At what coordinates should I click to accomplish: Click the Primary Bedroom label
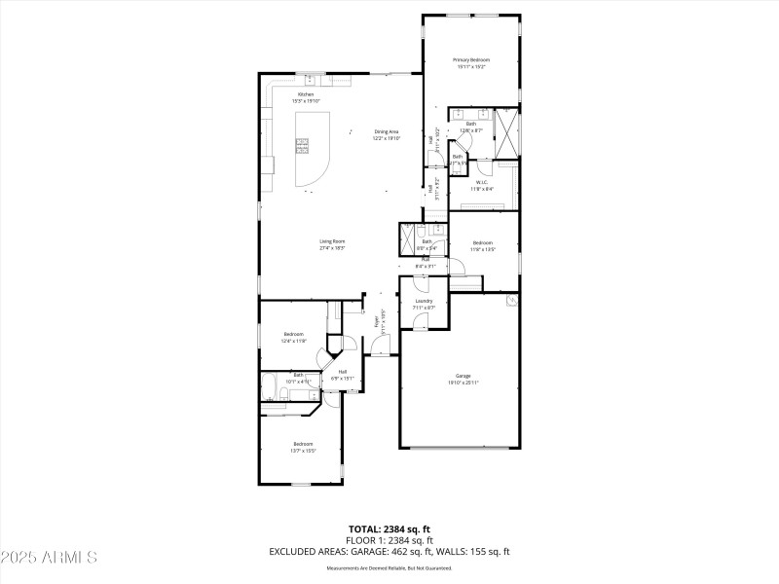pos(470,60)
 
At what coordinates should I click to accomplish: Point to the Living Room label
pos(333,241)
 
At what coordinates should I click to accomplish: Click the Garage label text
pos(463,376)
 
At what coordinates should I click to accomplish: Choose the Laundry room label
pos(424,301)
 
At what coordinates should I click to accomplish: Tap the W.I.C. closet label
pos(481,182)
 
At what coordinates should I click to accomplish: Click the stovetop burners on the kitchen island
pos(303,147)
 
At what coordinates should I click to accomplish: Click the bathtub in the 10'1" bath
pos(271,387)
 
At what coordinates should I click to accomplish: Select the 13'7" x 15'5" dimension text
pos(303,451)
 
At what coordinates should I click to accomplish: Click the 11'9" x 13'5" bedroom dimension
pos(483,250)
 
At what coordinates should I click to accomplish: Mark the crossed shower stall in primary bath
pos(506,133)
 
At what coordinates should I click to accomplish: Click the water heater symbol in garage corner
pos(510,302)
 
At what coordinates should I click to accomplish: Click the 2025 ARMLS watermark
pos(49,558)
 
